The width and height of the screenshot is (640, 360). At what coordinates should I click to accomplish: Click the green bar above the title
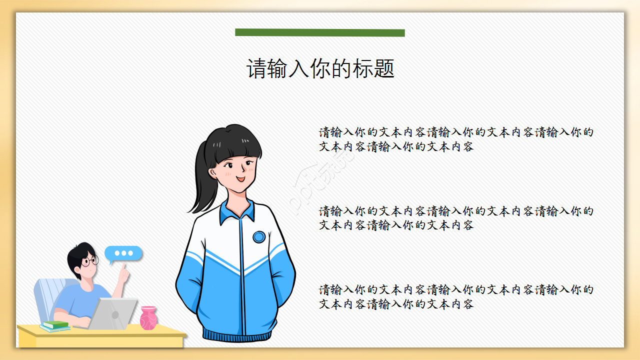(x=319, y=32)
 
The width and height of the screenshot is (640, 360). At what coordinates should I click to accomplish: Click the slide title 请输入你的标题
(x=320, y=68)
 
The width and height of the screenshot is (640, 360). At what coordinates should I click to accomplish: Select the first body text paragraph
(x=456, y=139)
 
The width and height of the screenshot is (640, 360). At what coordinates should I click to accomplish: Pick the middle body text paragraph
(x=456, y=218)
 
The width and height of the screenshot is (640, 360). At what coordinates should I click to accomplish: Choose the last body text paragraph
(x=456, y=296)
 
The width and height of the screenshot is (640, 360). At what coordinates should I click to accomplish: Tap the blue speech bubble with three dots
(x=123, y=253)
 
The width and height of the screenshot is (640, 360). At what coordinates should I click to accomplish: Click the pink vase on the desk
(x=148, y=318)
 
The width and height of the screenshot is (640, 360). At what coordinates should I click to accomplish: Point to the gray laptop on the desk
(x=114, y=313)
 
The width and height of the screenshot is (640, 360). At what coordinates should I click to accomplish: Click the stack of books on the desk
(x=55, y=326)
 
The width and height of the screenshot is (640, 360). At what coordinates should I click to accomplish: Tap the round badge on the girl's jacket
(x=258, y=237)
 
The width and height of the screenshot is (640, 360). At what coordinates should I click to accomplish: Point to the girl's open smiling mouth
(x=240, y=178)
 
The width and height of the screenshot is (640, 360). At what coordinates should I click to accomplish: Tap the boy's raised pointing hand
(x=123, y=272)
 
